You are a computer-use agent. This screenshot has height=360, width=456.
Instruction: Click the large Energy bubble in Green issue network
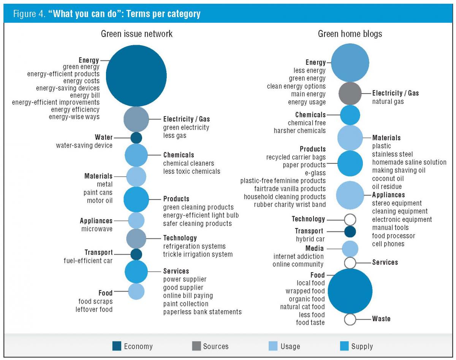136,76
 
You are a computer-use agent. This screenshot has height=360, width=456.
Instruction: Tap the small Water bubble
136,138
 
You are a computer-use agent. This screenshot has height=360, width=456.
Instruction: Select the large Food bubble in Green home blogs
350,291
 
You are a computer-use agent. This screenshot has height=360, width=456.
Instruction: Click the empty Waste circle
350,319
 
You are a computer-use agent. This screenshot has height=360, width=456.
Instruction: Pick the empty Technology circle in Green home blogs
350,219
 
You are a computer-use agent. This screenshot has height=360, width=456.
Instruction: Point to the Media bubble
350,249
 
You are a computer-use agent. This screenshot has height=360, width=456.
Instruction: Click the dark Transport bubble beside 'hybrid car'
350,232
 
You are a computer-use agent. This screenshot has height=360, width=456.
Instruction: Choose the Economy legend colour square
117,346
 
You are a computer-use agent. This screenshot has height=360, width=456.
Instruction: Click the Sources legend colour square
196,346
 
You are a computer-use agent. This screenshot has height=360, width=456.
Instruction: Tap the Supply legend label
361,346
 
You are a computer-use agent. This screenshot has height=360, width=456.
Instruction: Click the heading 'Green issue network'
136,34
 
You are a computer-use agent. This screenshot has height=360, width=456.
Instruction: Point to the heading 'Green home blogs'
350,34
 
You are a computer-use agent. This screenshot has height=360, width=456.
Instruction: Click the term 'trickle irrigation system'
198,254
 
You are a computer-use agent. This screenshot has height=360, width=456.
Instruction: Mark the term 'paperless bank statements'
202,312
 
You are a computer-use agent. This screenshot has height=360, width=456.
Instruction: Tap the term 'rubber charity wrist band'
290,205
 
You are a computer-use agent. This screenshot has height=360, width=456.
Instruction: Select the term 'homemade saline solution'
409,162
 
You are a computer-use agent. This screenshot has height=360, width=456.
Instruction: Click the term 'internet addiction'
298,257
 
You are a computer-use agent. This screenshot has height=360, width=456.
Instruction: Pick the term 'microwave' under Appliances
97,229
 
